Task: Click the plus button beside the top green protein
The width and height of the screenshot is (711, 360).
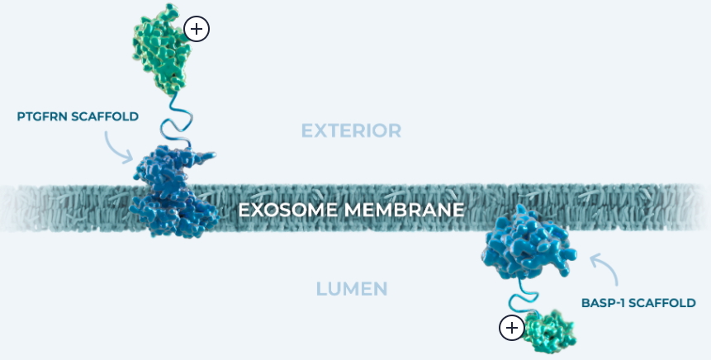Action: tap(197, 30)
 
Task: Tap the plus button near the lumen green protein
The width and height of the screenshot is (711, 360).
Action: tap(512, 328)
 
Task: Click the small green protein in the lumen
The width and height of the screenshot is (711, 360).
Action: tap(548, 330)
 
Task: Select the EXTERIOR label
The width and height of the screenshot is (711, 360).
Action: tap(351, 130)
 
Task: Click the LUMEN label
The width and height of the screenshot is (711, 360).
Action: tap(352, 289)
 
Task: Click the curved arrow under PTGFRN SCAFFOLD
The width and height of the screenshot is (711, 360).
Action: tap(118, 146)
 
